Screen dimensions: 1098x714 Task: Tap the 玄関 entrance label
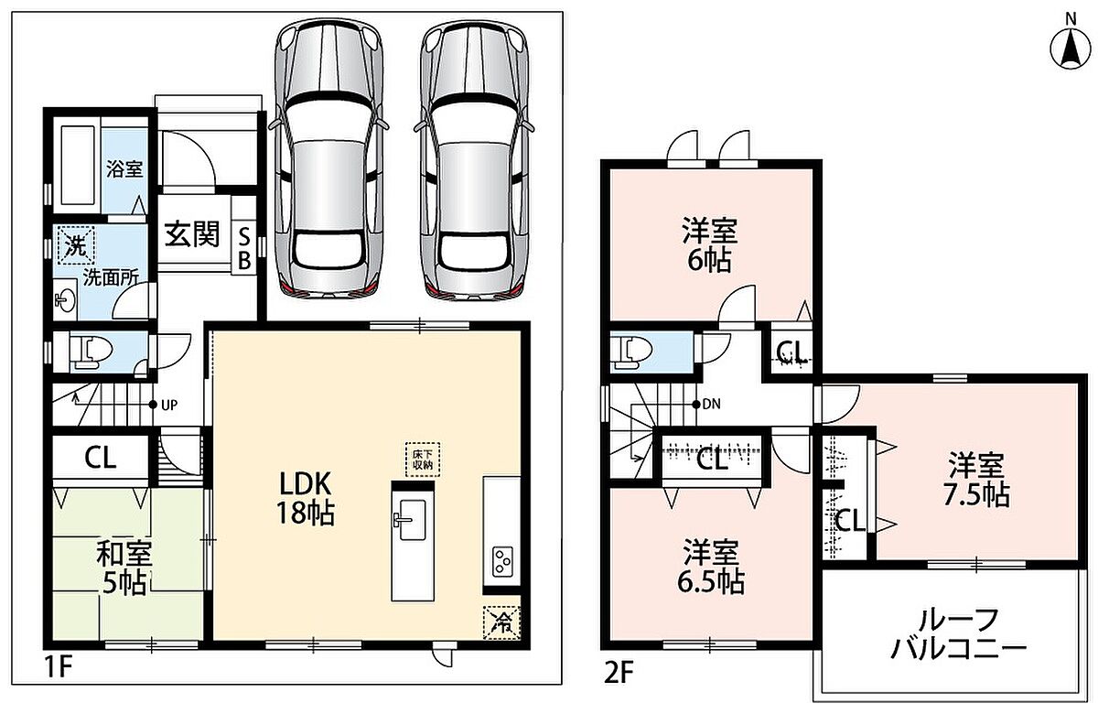(x=191, y=234)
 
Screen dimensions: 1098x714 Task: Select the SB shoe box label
(x=244, y=249)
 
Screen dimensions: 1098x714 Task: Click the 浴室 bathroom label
(x=124, y=169)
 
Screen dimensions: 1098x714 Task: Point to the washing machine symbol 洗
(x=76, y=245)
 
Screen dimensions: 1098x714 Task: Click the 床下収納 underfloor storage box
(x=423, y=460)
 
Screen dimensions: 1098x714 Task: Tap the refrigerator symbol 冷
(x=501, y=623)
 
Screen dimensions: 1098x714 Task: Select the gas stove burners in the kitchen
(x=503, y=561)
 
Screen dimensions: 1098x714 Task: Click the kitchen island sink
(x=412, y=520)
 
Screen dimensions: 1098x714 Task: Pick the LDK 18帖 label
(x=306, y=499)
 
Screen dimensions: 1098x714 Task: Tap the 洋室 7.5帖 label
(x=976, y=480)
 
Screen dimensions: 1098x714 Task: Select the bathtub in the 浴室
(x=78, y=166)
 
